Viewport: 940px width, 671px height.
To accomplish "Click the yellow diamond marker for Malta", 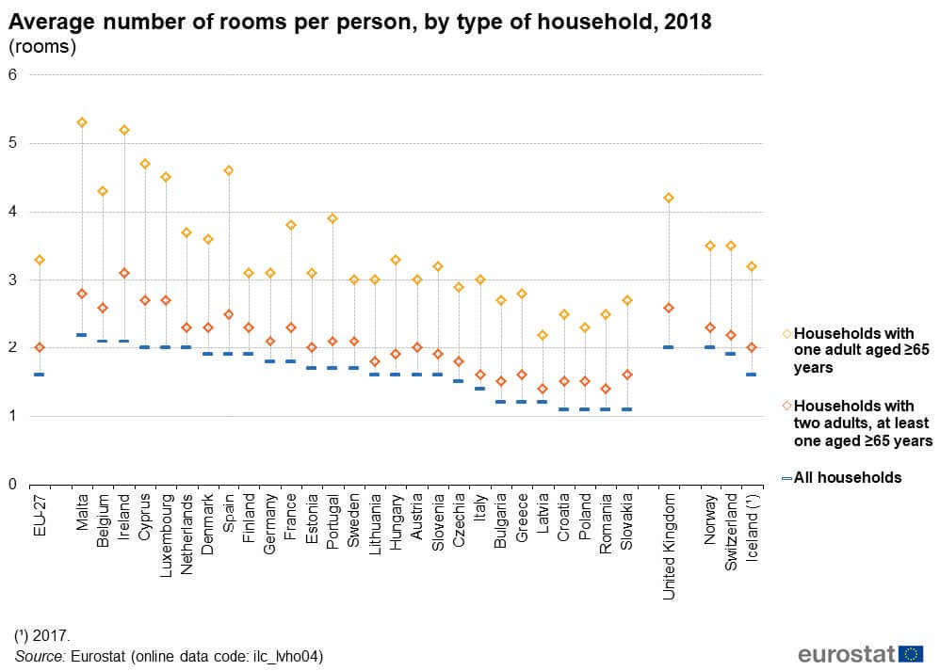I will [82, 122].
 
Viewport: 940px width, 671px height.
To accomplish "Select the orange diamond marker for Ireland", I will [123, 273].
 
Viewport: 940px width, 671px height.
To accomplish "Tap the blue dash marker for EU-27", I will [40, 375].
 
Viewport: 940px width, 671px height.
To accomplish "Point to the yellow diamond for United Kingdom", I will [669, 198].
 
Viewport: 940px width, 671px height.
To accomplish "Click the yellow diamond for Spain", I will [228, 170].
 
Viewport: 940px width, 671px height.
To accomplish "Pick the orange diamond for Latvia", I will [542, 389].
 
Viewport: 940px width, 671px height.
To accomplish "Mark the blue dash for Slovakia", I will [626, 409].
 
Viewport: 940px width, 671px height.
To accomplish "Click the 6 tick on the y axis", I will [12, 75].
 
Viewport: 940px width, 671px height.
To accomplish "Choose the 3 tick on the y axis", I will [12, 280].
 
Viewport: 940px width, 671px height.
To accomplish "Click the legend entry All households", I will [848, 478].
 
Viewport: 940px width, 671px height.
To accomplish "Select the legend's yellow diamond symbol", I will [786, 334].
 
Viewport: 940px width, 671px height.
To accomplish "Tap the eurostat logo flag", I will [911, 654].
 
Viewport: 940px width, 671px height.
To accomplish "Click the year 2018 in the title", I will [688, 20].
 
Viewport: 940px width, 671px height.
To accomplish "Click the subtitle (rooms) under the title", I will [41, 45].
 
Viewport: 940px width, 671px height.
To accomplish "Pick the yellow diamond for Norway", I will [710, 246].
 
